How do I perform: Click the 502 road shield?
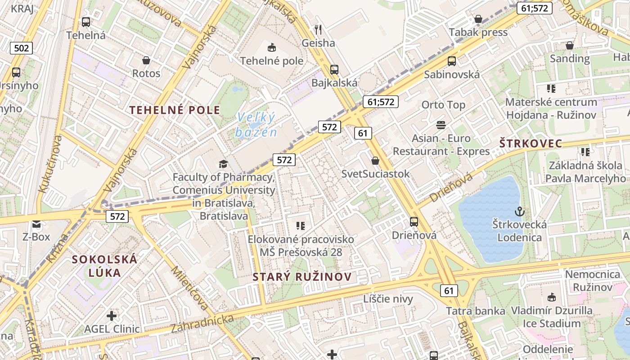(x=21, y=48)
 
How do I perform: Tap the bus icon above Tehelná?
(x=85, y=22)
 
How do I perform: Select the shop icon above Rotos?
(x=146, y=60)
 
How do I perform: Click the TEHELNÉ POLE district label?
(x=175, y=110)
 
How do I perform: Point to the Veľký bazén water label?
(x=256, y=125)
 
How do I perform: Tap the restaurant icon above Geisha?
(x=318, y=30)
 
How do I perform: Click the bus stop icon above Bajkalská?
(x=334, y=69)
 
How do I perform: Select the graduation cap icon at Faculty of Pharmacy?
(x=223, y=164)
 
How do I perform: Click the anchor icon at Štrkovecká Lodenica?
(x=519, y=211)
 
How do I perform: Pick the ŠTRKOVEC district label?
(x=531, y=144)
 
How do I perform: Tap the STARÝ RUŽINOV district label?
(x=301, y=277)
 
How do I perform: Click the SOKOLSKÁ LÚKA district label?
(x=104, y=266)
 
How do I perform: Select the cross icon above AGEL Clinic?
(x=112, y=315)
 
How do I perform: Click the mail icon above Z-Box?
(x=36, y=224)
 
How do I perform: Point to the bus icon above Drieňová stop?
(x=414, y=222)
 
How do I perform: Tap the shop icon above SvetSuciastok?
(x=375, y=161)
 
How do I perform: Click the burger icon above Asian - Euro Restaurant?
(x=441, y=125)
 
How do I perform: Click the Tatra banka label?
(x=475, y=311)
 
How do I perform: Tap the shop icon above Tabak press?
(x=478, y=19)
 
